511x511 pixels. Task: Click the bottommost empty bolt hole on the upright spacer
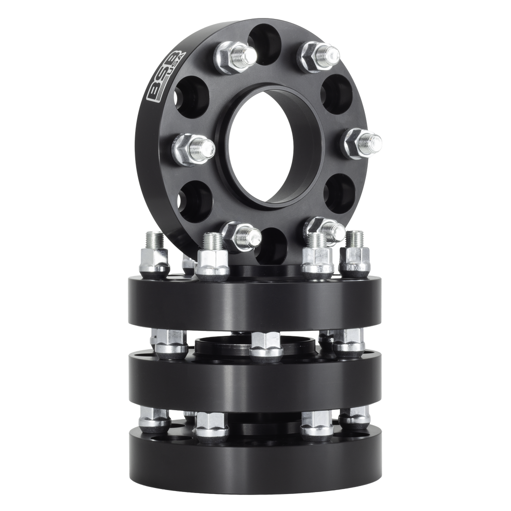coord(272,245)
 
